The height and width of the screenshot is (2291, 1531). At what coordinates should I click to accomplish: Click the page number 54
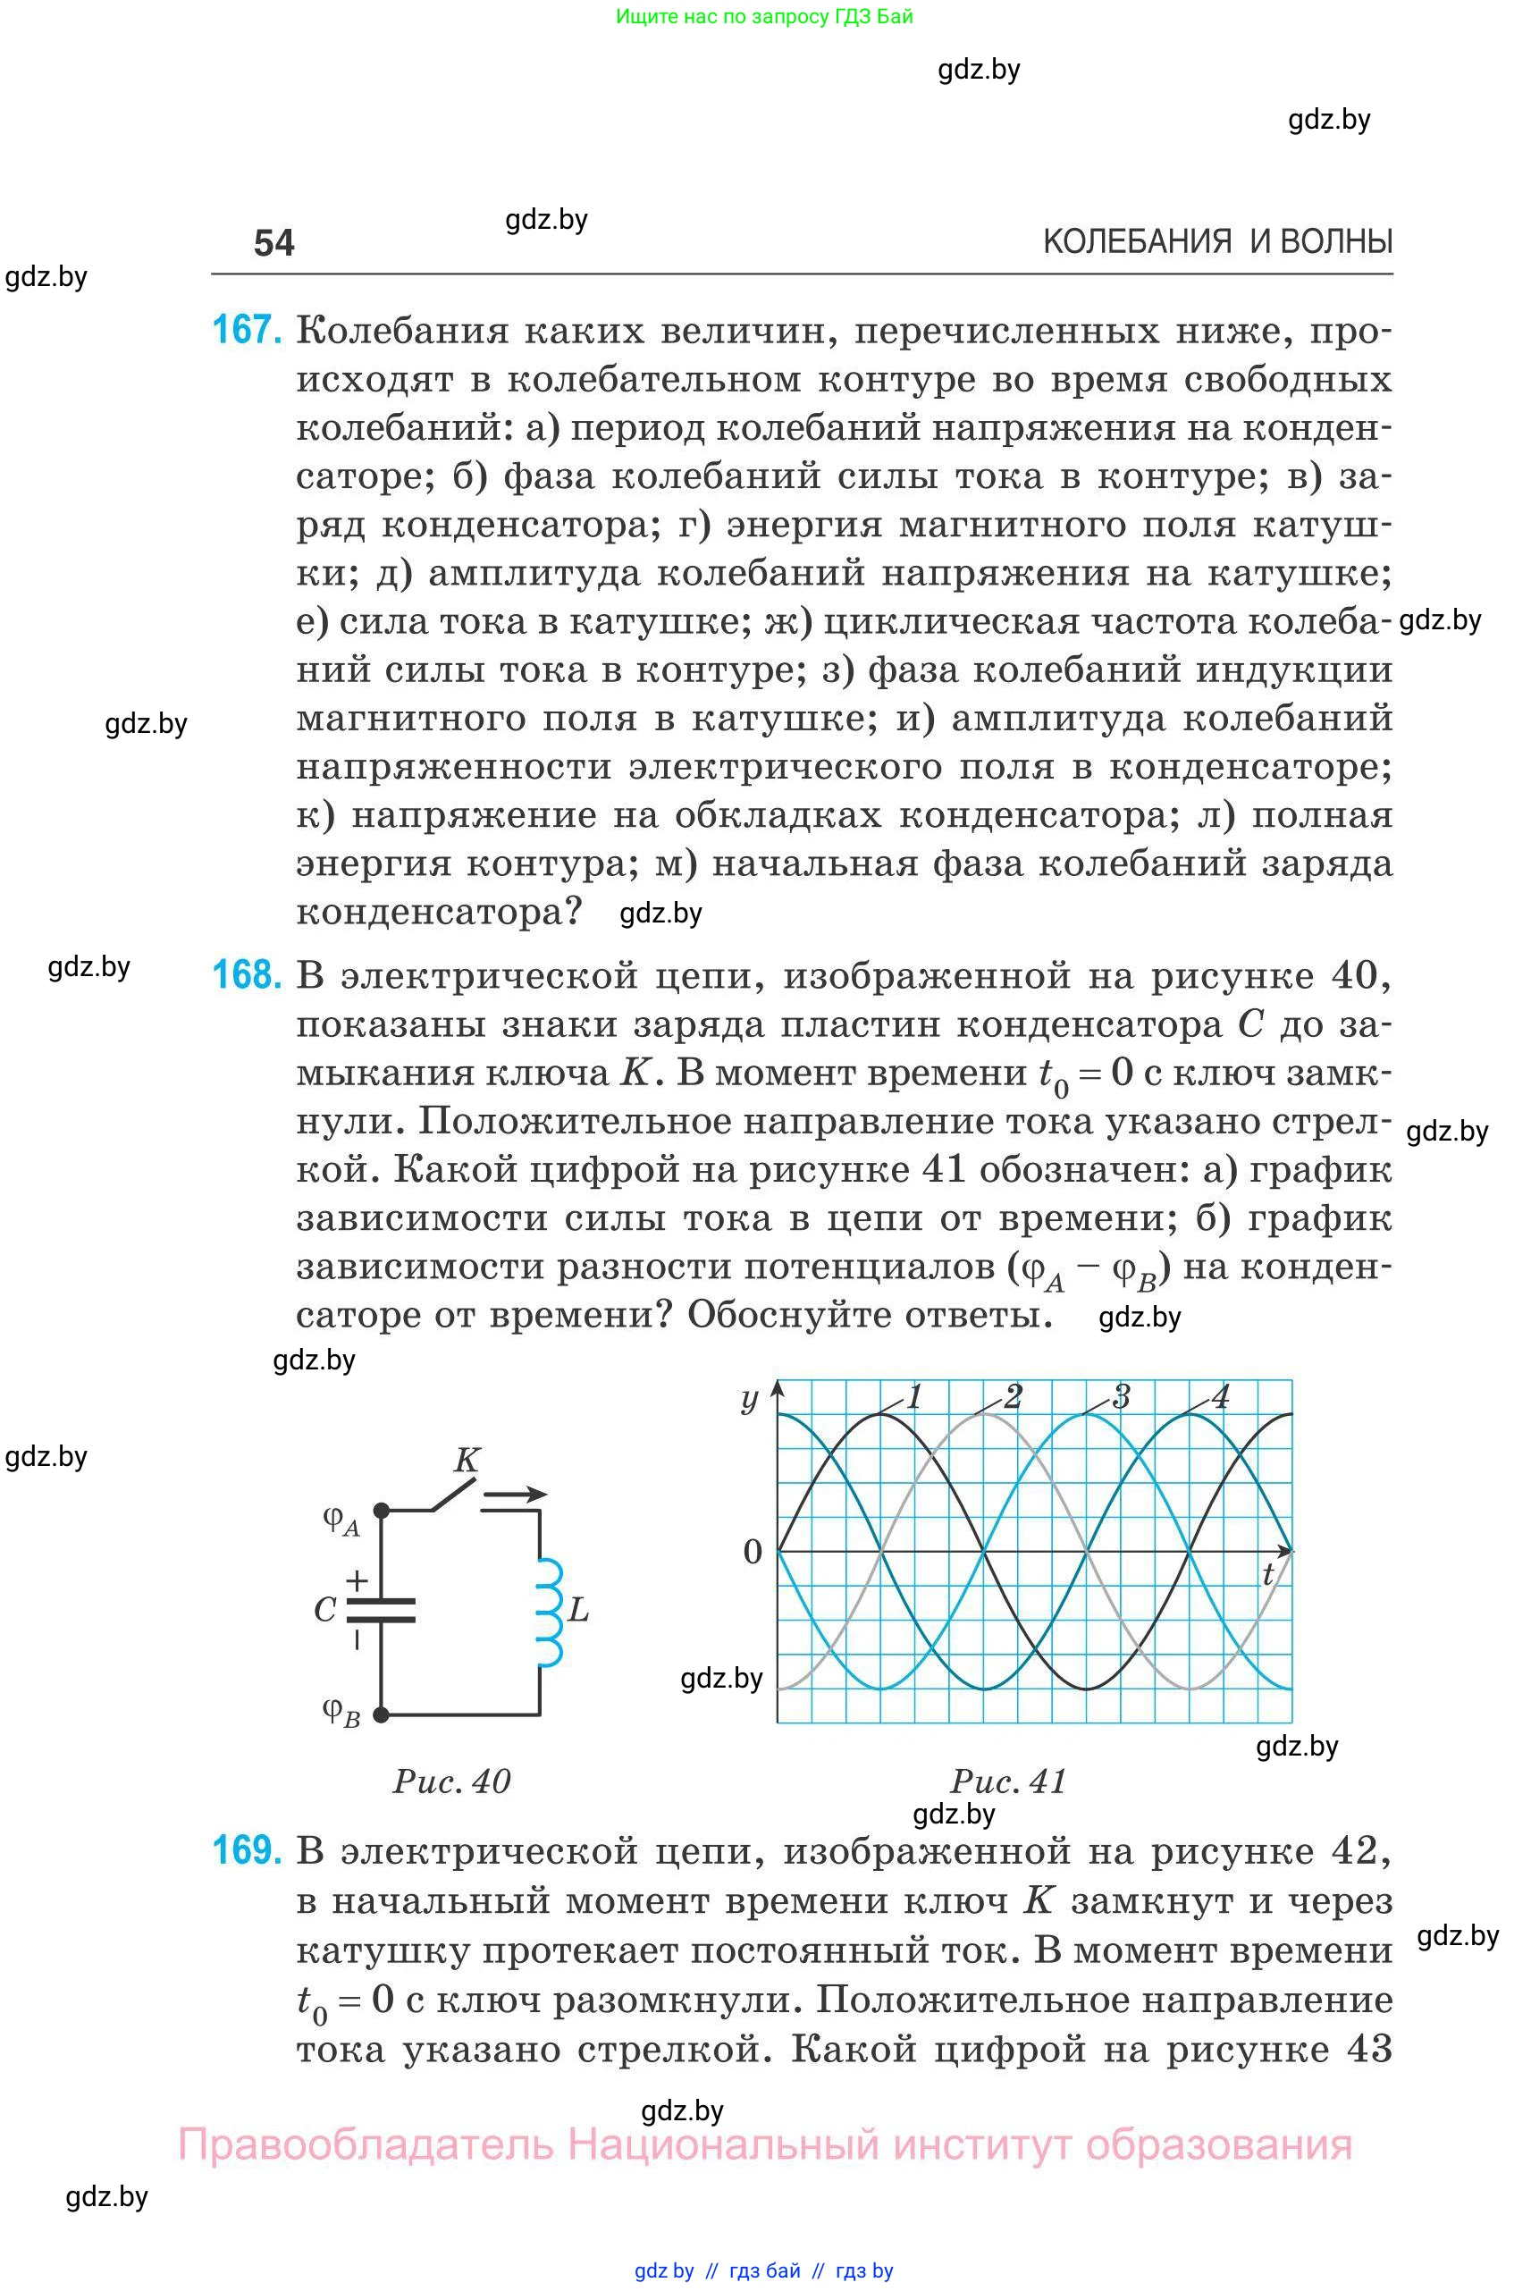point(273,243)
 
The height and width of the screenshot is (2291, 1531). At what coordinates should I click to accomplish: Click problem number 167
point(247,330)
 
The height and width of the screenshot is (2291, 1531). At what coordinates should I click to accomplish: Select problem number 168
point(247,974)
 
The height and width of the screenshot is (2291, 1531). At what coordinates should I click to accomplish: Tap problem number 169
point(247,1850)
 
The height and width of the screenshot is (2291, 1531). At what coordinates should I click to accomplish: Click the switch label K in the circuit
point(467,1460)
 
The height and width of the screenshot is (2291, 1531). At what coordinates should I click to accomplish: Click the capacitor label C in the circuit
point(325,1609)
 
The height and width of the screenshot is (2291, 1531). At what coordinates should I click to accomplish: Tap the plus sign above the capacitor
point(358,1579)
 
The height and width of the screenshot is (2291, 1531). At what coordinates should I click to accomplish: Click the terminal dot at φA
point(382,1511)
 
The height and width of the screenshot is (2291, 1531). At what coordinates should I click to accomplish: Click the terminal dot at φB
point(382,1714)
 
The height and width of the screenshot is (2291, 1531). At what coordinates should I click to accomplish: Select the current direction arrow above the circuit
point(515,1493)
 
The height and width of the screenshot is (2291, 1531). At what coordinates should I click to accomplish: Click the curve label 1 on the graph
point(914,1397)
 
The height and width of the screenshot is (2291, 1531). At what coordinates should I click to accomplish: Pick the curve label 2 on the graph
point(1013,1397)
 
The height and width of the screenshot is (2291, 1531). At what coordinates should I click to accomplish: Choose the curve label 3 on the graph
point(1121,1397)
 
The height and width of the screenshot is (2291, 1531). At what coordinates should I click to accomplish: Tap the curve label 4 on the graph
point(1220,1397)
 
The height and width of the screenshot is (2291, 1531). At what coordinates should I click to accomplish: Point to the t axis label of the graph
point(1267,1574)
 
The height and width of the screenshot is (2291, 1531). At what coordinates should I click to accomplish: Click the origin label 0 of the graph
point(753,1552)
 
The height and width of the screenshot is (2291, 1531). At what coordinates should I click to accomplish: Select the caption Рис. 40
point(451,1781)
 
